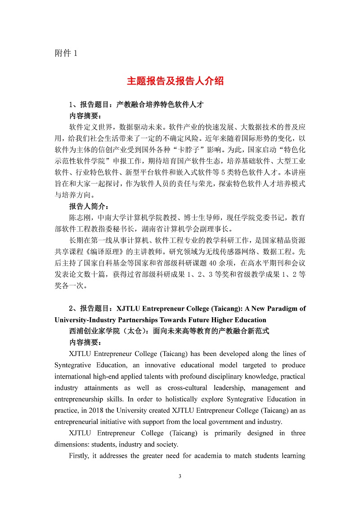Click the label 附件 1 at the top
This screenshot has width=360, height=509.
pos(66,53)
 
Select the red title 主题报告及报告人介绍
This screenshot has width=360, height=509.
pos(175,81)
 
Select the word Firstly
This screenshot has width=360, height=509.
pos(80,456)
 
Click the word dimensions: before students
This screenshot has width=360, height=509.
pos(75,444)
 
